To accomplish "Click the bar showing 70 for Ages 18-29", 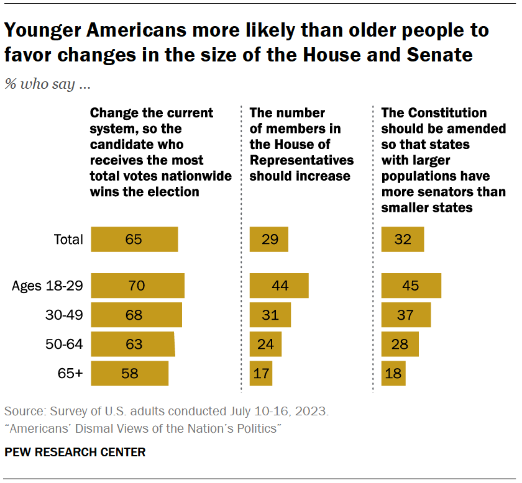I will tap(137, 286).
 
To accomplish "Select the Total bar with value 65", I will tap(134, 240).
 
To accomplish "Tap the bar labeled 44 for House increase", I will tap(278, 286).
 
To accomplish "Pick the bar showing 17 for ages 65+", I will tap(260, 373).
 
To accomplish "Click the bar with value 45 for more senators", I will tap(411, 286).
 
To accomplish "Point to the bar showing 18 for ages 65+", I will tap(393, 373).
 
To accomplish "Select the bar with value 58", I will tap(129, 373).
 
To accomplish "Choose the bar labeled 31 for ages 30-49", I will tap(270, 315).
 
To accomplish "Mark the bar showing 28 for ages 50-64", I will tap(400, 344).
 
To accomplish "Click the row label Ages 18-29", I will tap(48, 286).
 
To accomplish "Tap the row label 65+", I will tap(70, 373).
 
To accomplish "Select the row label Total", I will tap(68, 240).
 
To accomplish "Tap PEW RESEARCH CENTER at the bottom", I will tap(75, 452).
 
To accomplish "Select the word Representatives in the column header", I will tap(301, 160).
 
